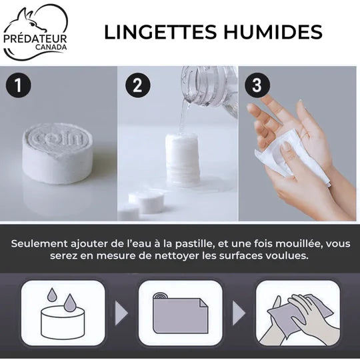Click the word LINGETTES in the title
point(161,32)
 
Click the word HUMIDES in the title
point(273,32)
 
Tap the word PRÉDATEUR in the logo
point(35,39)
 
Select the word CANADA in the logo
point(51,47)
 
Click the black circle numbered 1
point(18,85)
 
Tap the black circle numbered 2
point(138,85)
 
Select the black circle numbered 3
point(257,85)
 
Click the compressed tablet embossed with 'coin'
point(58,153)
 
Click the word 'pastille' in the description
point(195,244)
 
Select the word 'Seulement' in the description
point(39,243)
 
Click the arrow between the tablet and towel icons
point(121,313)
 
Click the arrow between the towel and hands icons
point(239,313)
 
